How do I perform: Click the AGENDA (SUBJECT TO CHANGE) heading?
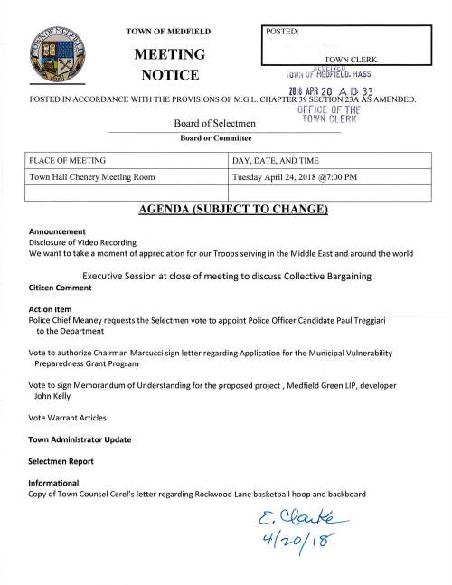[x=226, y=212]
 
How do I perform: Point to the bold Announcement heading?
[x=57, y=231]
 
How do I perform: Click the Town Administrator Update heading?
[x=80, y=439]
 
